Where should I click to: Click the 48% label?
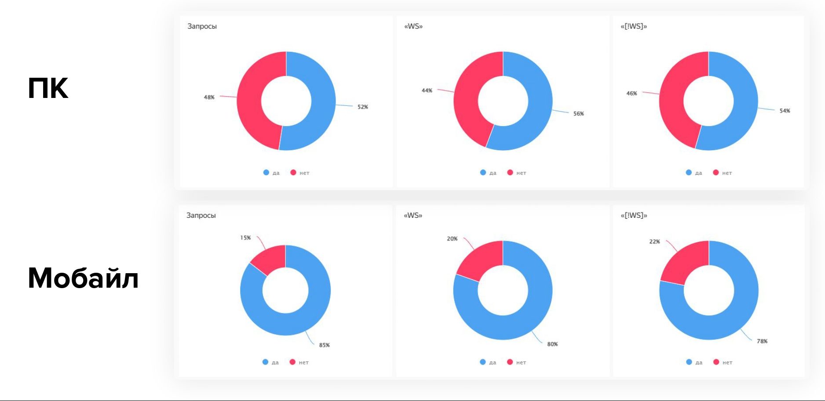[209, 97]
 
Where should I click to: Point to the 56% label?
[578, 114]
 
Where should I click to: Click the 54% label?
[785, 111]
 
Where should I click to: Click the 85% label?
[324, 345]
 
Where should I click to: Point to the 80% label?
[552, 344]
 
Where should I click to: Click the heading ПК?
[48, 88]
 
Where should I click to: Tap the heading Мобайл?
[83, 278]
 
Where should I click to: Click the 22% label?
[654, 242]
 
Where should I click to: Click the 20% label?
[452, 239]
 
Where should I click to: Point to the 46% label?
[632, 94]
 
